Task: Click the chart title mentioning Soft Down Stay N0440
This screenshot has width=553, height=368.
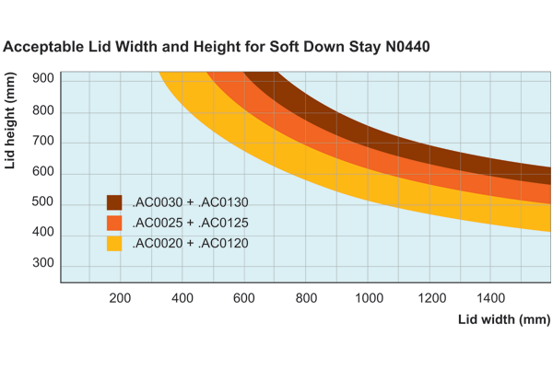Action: pyautogui.click(x=218, y=45)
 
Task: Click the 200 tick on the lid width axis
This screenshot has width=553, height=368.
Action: pyautogui.click(x=121, y=297)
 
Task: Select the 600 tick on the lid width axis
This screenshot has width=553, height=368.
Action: pyautogui.click(x=244, y=297)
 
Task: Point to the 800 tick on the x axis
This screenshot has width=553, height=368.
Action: pyautogui.click(x=306, y=297)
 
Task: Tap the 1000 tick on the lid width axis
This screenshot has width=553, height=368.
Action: pyautogui.click(x=368, y=297)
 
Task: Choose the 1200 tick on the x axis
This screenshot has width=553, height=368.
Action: pyautogui.click(x=429, y=297)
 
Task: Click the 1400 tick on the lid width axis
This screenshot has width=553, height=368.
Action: pyautogui.click(x=491, y=297)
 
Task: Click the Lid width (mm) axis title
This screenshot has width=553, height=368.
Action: pyautogui.click(x=503, y=319)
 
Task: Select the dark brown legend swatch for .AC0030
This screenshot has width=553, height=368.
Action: pyautogui.click(x=114, y=202)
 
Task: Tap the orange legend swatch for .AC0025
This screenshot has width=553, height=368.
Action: pyautogui.click(x=114, y=223)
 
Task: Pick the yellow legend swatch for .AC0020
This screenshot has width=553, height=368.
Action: pyautogui.click(x=114, y=244)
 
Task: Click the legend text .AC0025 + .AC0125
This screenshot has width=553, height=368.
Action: pyautogui.click(x=191, y=223)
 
